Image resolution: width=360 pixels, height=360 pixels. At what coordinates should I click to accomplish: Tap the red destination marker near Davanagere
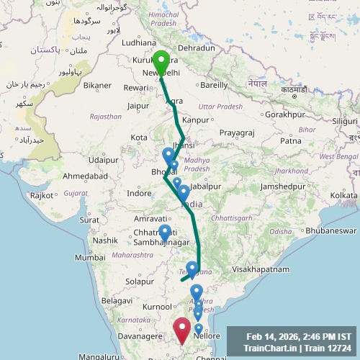pos(182,330)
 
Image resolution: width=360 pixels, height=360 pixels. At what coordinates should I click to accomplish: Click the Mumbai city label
pos(90,257)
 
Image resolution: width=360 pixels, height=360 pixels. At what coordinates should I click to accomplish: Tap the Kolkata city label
pos(343,196)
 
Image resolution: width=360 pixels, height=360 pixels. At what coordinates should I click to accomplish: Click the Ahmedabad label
pos(85,176)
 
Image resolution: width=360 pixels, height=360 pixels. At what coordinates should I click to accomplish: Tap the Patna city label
pos(290,140)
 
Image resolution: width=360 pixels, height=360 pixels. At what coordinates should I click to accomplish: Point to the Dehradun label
pos(196,48)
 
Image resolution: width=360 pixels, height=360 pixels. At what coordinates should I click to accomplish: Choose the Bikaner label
pos(97,85)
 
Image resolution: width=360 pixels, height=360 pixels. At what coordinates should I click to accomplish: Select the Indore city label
pos(139,193)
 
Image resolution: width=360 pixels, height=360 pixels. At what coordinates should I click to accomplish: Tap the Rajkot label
pos(42,195)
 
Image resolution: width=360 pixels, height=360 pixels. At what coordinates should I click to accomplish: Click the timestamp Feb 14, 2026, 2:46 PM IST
pos(298,336)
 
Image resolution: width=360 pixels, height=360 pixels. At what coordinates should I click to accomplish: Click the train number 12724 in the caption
pos(338,348)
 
